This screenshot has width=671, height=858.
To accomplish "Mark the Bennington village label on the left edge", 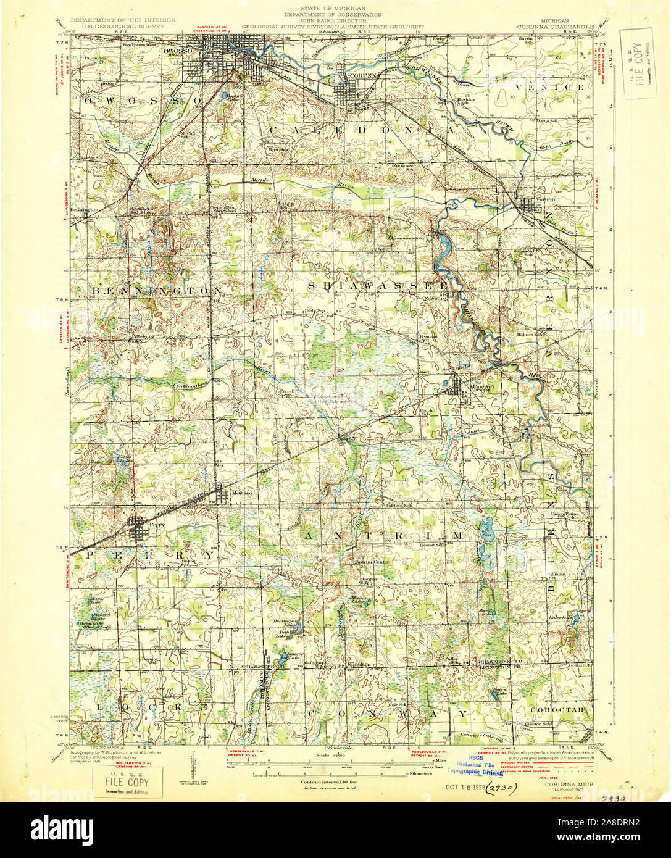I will coord(85,210).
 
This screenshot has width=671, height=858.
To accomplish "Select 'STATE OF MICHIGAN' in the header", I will coord(333,8).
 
